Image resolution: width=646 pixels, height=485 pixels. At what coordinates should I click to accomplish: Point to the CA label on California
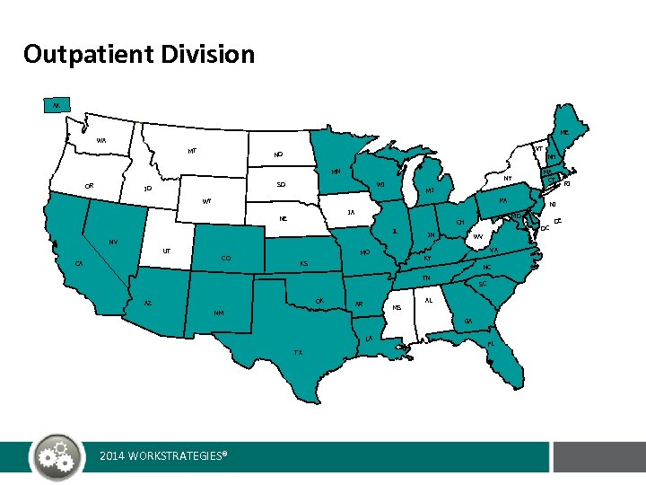(80, 263)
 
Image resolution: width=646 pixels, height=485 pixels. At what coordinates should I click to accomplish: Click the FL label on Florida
(491, 343)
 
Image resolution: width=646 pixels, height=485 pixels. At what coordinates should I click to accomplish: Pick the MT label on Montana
(192, 151)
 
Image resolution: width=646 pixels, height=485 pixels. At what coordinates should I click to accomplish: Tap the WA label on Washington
(101, 141)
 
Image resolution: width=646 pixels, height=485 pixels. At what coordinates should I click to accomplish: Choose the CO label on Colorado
(225, 259)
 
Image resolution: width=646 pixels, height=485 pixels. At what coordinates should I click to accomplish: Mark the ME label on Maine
(564, 133)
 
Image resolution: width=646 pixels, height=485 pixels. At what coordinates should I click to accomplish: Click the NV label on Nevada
(113, 242)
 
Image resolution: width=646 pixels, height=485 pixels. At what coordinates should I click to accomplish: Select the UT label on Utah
(167, 251)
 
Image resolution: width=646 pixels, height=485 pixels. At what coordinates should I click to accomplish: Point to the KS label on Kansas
(304, 264)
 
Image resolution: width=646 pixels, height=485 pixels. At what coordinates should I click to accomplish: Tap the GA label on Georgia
(467, 321)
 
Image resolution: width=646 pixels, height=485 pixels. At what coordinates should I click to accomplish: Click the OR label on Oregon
(89, 186)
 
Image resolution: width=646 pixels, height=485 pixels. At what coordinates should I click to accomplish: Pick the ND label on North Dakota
(278, 154)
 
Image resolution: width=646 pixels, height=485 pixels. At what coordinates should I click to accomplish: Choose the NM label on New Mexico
(219, 313)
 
